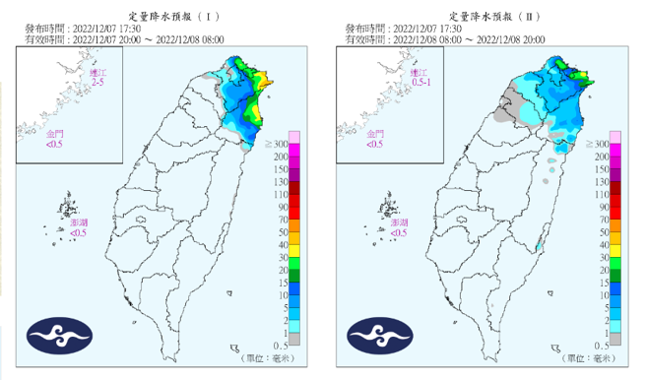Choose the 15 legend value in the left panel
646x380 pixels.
coord(281,283)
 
